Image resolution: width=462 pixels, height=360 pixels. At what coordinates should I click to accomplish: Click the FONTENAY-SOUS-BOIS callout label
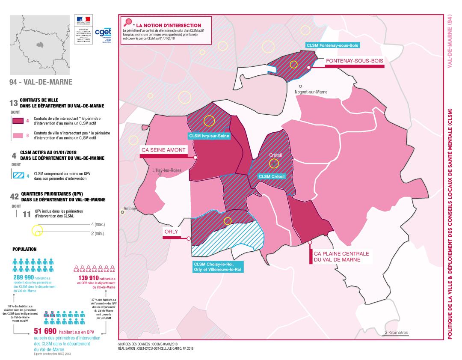click(x=354, y=61)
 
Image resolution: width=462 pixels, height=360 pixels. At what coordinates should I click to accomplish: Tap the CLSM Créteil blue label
click(x=271, y=176)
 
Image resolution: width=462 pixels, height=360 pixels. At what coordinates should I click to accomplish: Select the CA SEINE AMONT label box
click(x=163, y=150)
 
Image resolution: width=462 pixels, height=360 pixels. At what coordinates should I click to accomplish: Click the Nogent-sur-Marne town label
click(x=311, y=92)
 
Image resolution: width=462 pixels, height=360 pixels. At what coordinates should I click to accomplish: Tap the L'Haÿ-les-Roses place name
click(x=167, y=170)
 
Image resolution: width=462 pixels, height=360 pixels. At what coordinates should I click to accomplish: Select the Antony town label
click(x=129, y=209)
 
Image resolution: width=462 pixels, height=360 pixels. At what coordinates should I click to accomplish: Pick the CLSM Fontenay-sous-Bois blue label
click(x=333, y=45)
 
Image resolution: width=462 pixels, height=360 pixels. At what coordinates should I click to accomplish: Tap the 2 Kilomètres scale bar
click(x=396, y=333)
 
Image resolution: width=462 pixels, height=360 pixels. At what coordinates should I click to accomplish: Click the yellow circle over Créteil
click(x=273, y=163)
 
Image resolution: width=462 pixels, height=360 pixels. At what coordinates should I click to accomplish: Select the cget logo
click(x=103, y=32)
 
